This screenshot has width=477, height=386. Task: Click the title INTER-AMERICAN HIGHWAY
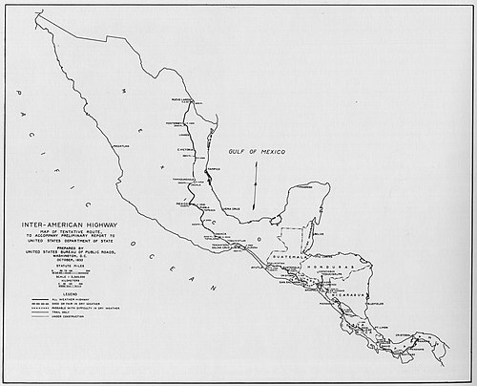coord(62,227)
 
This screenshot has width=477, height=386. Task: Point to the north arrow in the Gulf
coord(255,186)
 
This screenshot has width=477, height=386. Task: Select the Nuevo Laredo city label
coord(183,99)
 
